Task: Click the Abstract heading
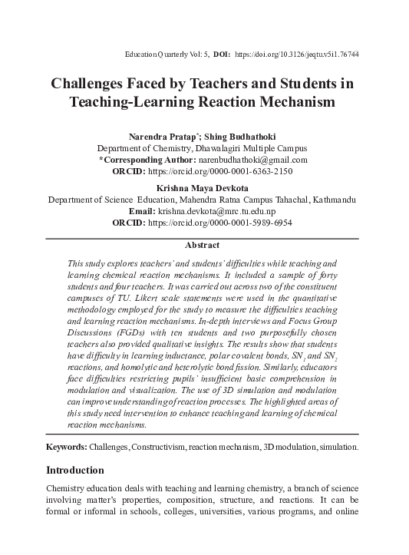point(203,246)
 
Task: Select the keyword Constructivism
point(163,446)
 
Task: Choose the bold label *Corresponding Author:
point(151,159)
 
